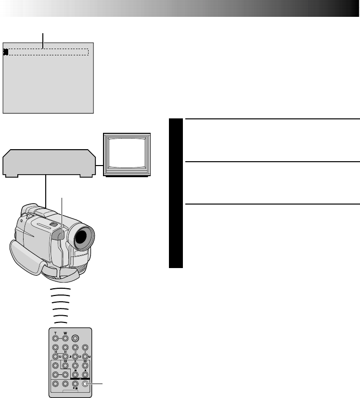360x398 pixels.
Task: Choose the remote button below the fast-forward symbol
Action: [x=85, y=365]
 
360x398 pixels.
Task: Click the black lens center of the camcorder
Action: [x=82, y=237]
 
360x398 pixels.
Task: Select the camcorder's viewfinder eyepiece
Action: [x=30, y=210]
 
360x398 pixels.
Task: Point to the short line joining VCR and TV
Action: [x=100, y=167]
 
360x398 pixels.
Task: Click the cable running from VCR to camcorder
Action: [x=45, y=190]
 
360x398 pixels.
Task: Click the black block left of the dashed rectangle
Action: [x=5, y=52]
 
